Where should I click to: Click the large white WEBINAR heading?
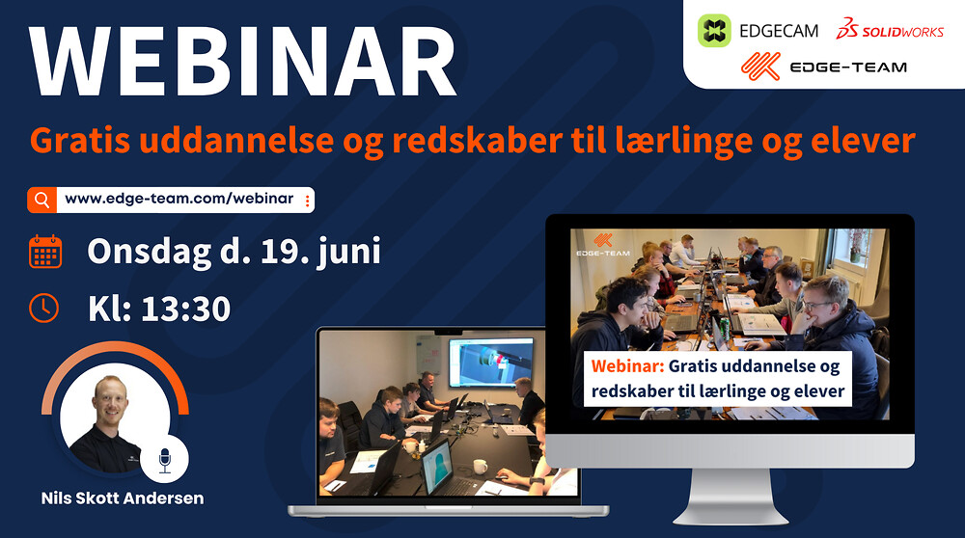click(242, 61)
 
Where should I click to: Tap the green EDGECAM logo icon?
click(714, 31)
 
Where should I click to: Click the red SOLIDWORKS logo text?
click(890, 30)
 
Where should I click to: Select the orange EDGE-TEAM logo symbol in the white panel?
click(760, 67)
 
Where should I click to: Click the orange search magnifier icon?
click(41, 200)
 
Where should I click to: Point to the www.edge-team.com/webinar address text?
click(179, 199)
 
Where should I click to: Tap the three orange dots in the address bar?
click(307, 201)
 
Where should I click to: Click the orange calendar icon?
click(45, 252)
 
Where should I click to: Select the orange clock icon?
click(43, 308)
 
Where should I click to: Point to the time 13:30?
click(186, 309)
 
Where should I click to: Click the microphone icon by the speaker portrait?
click(164, 459)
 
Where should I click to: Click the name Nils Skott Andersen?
click(123, 498)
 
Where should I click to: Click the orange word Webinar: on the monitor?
click(628, 365)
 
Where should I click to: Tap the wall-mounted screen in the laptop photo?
click(491, 363)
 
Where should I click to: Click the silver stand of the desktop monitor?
click(731, 496)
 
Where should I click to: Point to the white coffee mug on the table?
click(480, 467)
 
